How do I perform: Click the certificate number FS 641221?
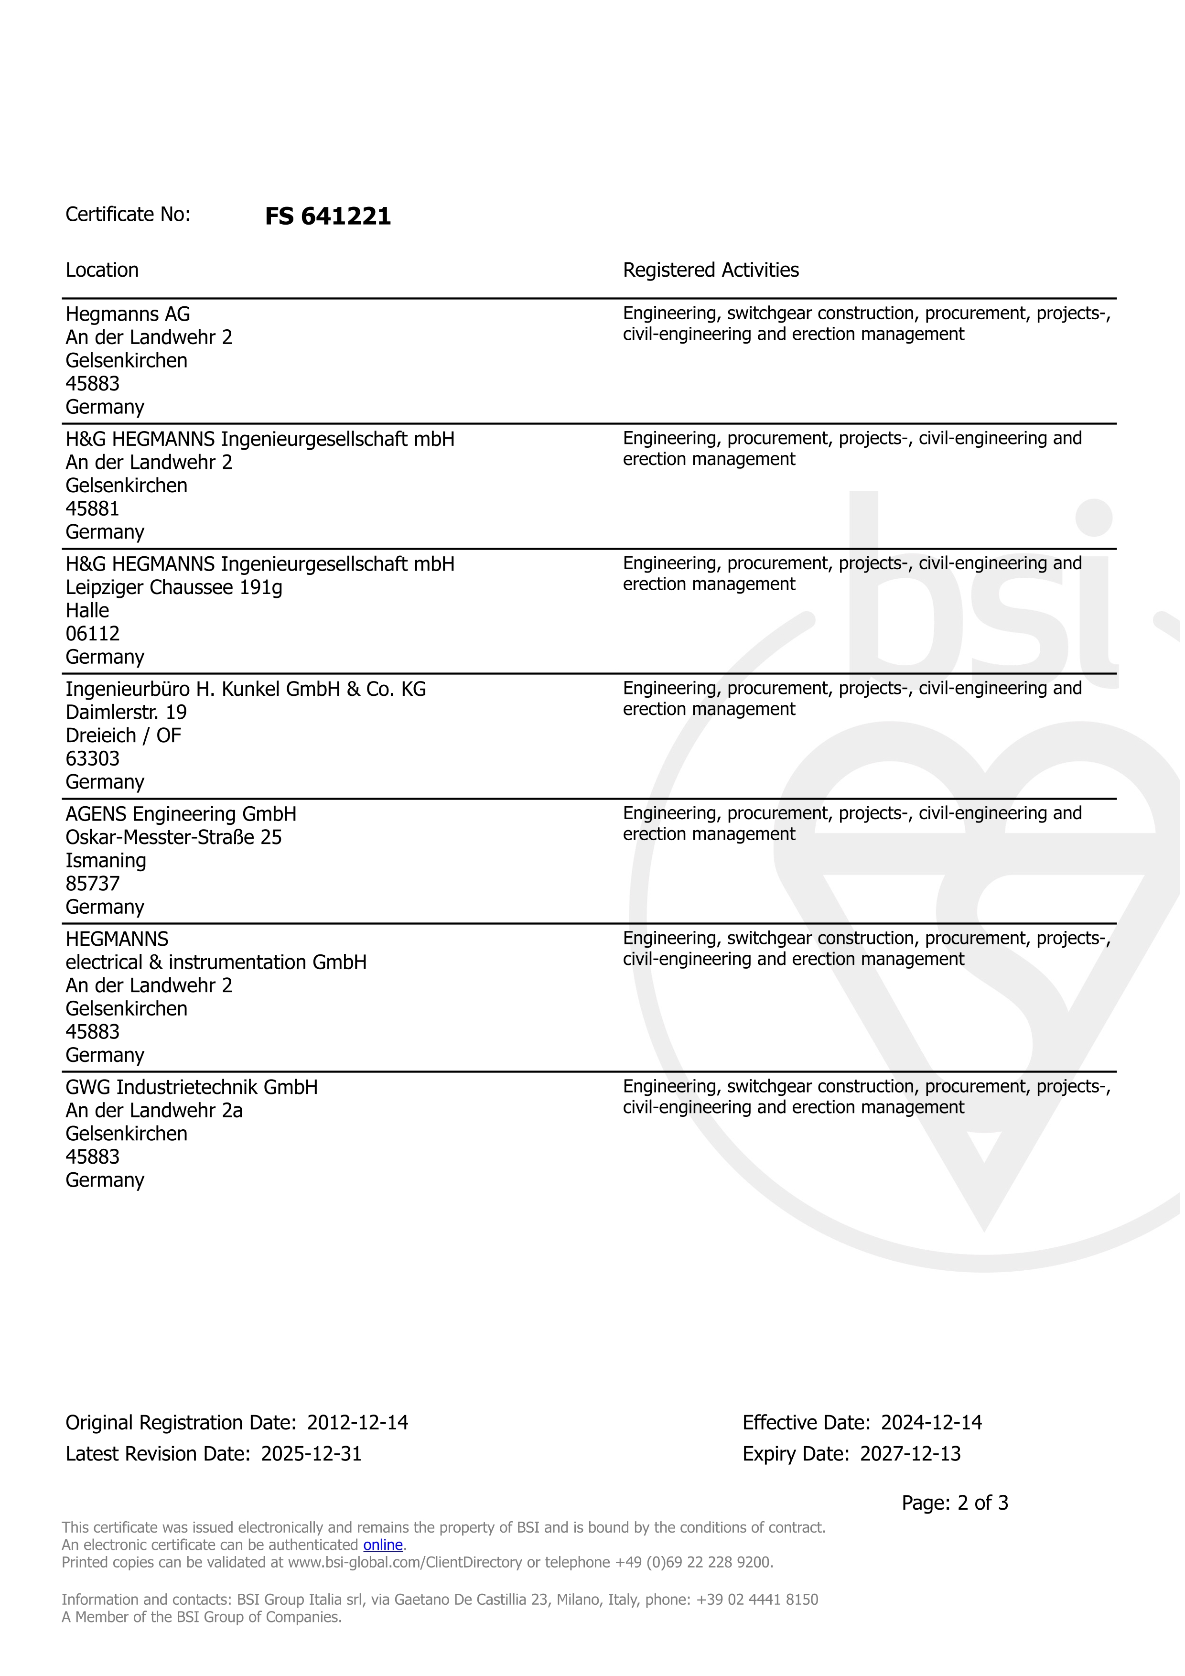(328, 216)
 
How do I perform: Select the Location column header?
(102, 270)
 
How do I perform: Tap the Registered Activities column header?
(711, 270)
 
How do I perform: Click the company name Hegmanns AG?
(128, 314)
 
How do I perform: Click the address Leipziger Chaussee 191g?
(173, 588)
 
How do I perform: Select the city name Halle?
(87, 611)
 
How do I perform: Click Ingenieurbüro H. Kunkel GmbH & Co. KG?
(246, 689)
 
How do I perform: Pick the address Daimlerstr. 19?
(126, 713)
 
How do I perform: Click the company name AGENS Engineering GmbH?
(181, 814)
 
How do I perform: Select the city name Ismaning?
(106, 861)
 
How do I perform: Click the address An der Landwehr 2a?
(154, 1111)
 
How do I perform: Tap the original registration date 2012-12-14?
(357, 1423)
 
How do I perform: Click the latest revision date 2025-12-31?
(312, 1454)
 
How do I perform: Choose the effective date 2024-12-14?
(931, 1423)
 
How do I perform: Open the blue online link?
(383, 1546)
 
